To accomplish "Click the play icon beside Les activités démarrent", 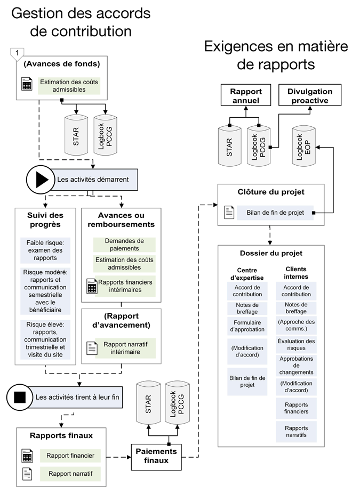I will click(41, 180).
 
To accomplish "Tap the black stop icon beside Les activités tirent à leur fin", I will click(20, 397).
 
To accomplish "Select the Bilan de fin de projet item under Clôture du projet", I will click(275, 213).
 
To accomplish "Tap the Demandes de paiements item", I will click(124, 245).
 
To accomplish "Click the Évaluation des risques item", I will click(296, 344).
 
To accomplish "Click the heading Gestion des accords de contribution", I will click(81, 22).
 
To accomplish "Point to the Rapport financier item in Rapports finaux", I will click(70, 456).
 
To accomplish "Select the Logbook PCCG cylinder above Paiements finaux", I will click(178, 403).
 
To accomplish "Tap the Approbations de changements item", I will click(296, 366).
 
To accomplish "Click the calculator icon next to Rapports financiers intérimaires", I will click(92, 287).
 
